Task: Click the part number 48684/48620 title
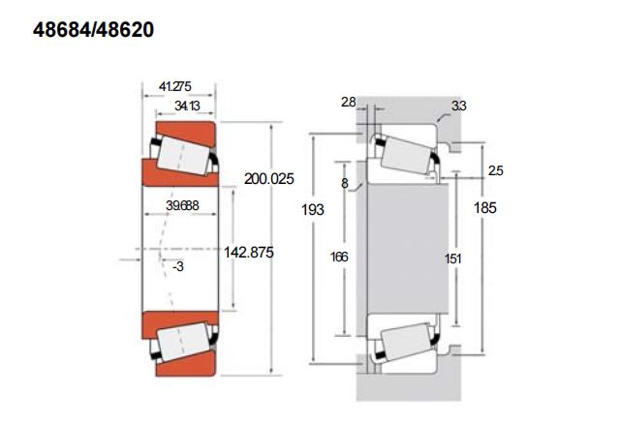pos(93,30)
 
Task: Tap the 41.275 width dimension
pos(174,86)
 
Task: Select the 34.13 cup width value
pos(187,106)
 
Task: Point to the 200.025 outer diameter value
pos(269,178)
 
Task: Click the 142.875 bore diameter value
pos(249,252)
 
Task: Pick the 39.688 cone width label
pos(182,205)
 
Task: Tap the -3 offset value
pos(178,266)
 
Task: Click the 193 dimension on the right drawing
pos(313,209)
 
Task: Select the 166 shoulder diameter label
pos(339,258)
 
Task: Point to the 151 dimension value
pos(453,259)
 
